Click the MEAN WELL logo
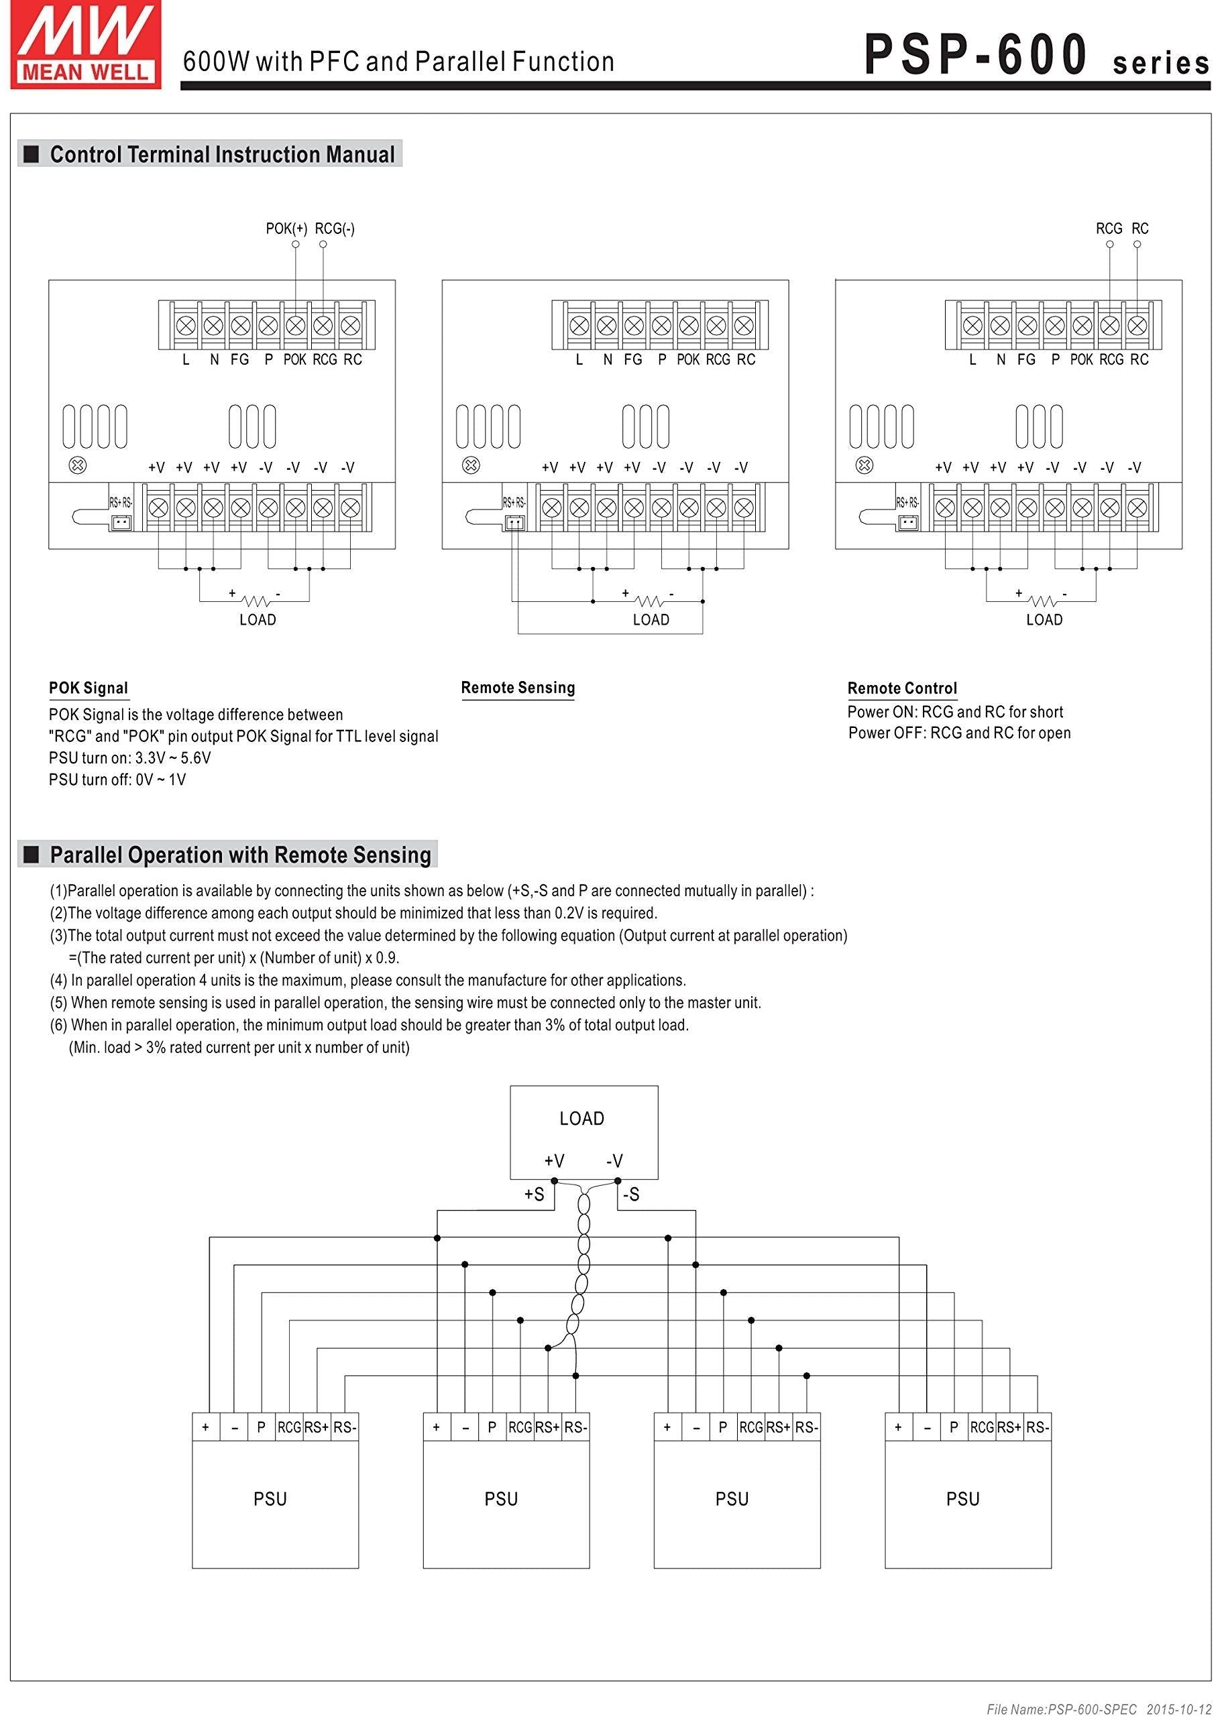85,45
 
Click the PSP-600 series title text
1036,56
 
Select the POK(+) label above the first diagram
286,229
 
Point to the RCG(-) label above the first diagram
335,229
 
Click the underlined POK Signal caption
88,688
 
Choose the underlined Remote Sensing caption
518,687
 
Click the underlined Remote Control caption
902,688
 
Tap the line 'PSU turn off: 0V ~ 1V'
117,780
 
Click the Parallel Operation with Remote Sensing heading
239,855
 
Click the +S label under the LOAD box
534,1194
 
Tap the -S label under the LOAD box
631,1194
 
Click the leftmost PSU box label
270,1499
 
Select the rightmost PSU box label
962,1499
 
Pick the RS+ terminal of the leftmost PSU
317,1426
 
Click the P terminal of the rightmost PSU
954,1426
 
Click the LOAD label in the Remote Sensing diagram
651,619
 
